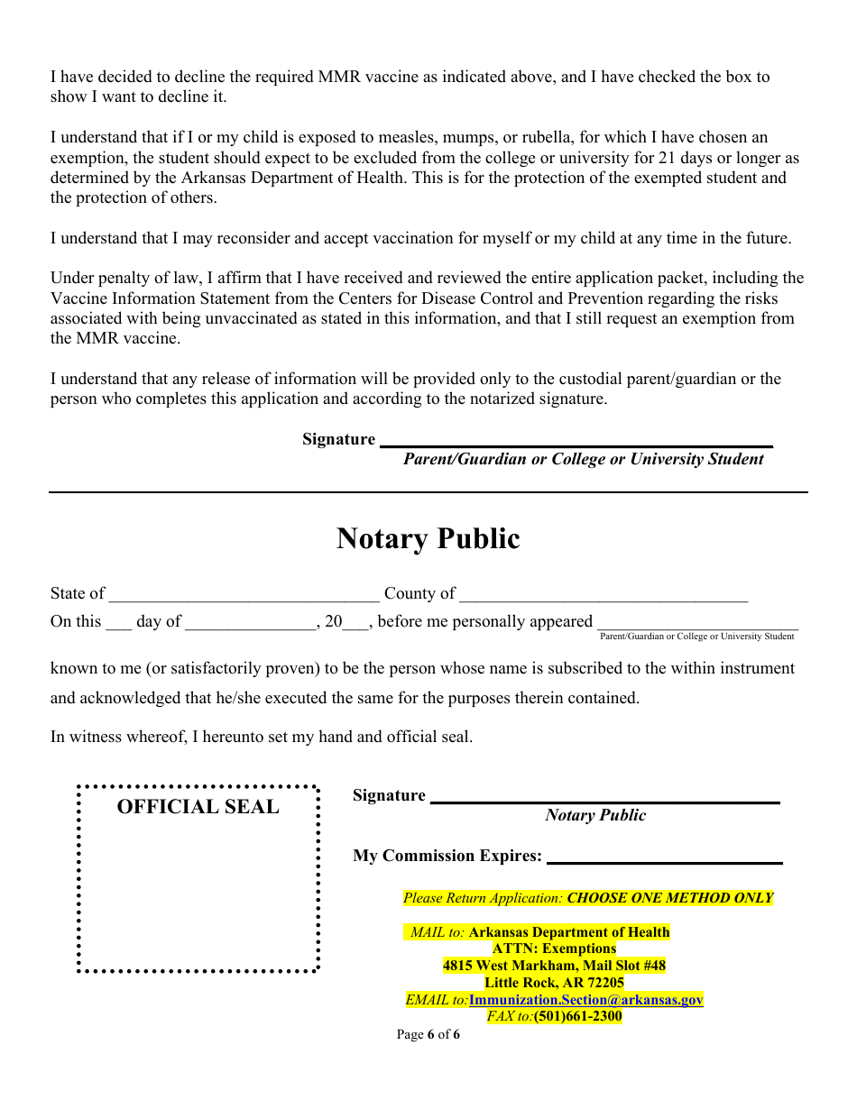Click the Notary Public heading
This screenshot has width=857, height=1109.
click(428, 539)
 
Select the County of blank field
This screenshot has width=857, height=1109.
click(603, 594)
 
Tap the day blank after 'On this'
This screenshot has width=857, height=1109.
click(118, 622)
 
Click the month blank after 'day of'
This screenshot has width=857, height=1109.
click(251, 622)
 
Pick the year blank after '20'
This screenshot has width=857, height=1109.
click(355, 622)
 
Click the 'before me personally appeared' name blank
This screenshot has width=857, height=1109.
click(697, 622)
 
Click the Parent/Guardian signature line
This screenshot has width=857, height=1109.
click(576, 441)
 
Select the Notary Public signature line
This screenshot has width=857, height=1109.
click(604, 797)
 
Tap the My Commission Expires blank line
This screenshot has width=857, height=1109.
click(664, 857)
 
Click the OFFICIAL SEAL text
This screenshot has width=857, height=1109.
click(198, 807)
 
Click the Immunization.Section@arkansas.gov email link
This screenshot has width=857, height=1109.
click(585, 1000)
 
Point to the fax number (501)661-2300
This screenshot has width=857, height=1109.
click(577, 1016)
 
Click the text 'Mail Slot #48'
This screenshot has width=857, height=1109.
click(624, 966)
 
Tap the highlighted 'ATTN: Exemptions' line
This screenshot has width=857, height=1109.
click(554, 949)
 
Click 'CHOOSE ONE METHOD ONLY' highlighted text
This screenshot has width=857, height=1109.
click(669, 898)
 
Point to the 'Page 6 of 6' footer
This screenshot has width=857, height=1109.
click(428, 1034)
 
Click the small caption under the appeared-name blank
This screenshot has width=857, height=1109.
click(696, 637)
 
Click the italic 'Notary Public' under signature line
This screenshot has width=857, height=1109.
click(595, 815)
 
